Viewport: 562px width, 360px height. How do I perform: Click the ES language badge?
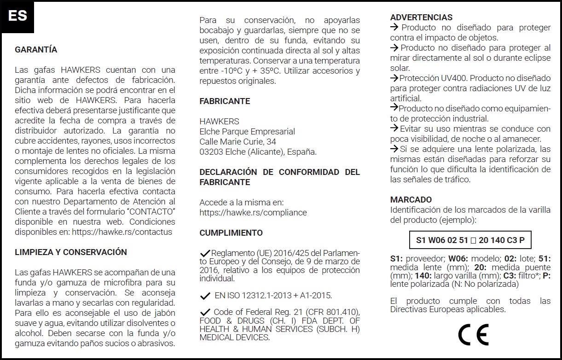17,16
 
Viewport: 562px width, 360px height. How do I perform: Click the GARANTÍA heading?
36,50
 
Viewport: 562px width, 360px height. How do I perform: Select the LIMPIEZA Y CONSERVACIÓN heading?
71,252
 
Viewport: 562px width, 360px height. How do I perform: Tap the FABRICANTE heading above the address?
225,101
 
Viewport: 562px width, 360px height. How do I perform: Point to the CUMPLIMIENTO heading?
231,233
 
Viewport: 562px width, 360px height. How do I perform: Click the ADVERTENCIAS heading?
421,17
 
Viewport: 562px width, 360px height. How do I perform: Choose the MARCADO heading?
411,200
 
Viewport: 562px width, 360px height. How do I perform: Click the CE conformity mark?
473,335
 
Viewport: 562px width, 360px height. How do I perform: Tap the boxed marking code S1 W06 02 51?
470,240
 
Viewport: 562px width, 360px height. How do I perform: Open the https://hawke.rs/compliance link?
253,213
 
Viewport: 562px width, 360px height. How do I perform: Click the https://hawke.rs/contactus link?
122,232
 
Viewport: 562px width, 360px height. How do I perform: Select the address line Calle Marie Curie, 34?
238,142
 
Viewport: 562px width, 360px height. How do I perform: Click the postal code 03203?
210,152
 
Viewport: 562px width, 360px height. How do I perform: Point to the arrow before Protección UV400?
394,78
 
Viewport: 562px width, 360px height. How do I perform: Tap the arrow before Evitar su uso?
394,128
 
